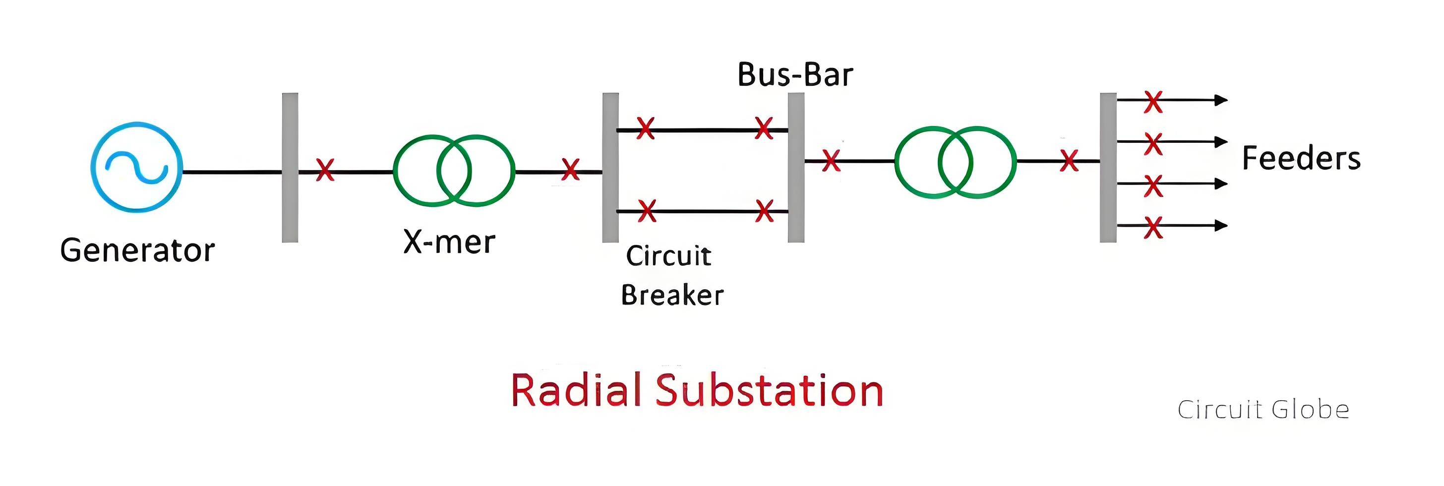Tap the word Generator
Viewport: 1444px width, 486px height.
pos(137,250)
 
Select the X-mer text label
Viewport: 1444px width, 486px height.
pos(449,242)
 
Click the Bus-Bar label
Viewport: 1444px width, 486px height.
pos(795,74)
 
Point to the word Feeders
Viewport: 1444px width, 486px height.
pos(1301,158)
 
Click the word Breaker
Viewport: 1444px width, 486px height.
pos(672,295)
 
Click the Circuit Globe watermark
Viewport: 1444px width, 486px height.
pos(1263,409)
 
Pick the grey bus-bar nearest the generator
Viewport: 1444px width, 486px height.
pos(290,168)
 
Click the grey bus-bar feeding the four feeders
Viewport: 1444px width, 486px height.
pos(1108,168)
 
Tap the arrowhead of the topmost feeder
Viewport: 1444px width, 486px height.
pos(1221,100)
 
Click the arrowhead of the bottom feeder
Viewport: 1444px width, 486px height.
pos(1221,225)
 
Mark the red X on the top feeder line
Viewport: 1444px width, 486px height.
pos(1153,102)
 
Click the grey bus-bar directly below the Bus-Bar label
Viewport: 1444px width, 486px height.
pos(796,168)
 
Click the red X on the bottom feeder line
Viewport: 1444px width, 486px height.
pos(1153,228)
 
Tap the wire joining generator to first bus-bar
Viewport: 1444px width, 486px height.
pos(232,172)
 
